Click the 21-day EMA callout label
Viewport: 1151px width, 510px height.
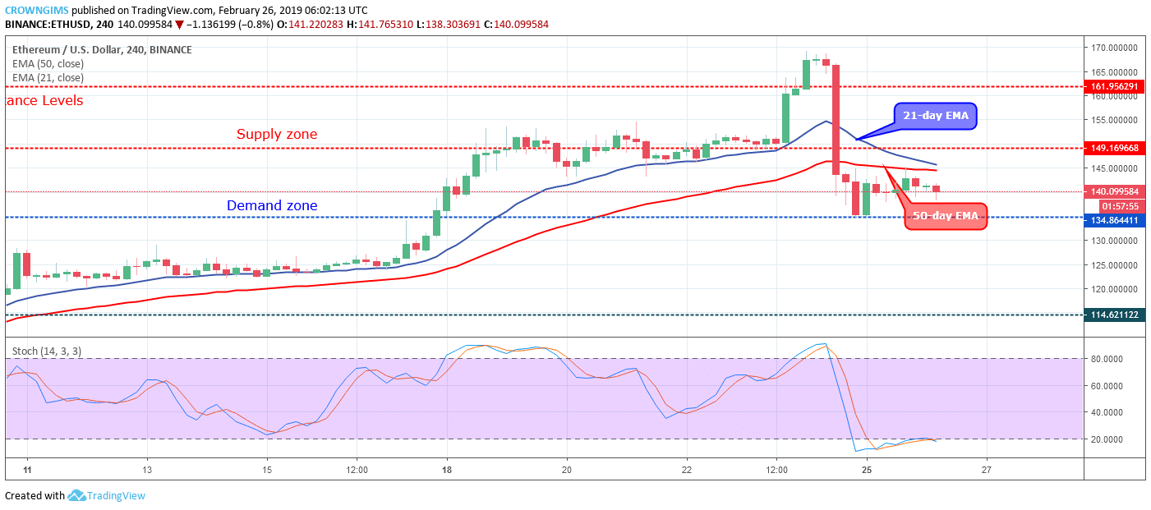(x=936, y=117)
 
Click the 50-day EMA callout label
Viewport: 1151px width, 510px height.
(x=945, y=218)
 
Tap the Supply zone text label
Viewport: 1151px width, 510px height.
(x=277, y=134)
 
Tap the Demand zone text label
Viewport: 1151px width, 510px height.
(x=272, y=205)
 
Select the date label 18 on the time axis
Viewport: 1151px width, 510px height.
(x=445, y=471)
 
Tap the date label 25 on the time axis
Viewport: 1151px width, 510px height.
(x=866, y=471)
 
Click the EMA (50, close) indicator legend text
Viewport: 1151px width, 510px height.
(x=49, y=63)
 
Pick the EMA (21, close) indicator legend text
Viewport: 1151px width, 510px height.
(x=49, y=78)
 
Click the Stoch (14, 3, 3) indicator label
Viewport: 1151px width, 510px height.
(x=46, y=351)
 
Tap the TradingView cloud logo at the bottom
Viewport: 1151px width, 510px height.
(x=77, y=495)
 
